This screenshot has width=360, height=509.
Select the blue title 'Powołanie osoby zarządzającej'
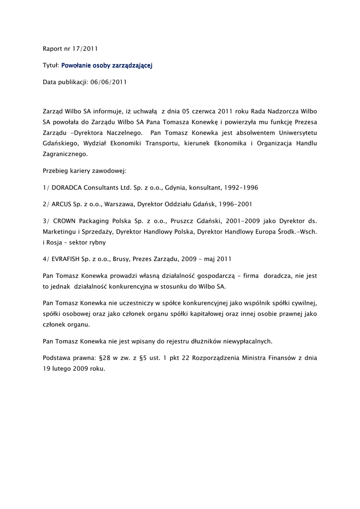click(106, 65)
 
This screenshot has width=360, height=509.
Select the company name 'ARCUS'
click(62, 204)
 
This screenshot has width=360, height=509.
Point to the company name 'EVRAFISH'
click(68, 259)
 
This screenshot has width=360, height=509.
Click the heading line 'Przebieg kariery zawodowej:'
click(85, 171)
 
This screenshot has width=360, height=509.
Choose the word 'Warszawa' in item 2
click(119, 204)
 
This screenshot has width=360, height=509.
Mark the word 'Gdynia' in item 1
click(170, 187)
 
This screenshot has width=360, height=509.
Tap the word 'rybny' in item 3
click(95, 242)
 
